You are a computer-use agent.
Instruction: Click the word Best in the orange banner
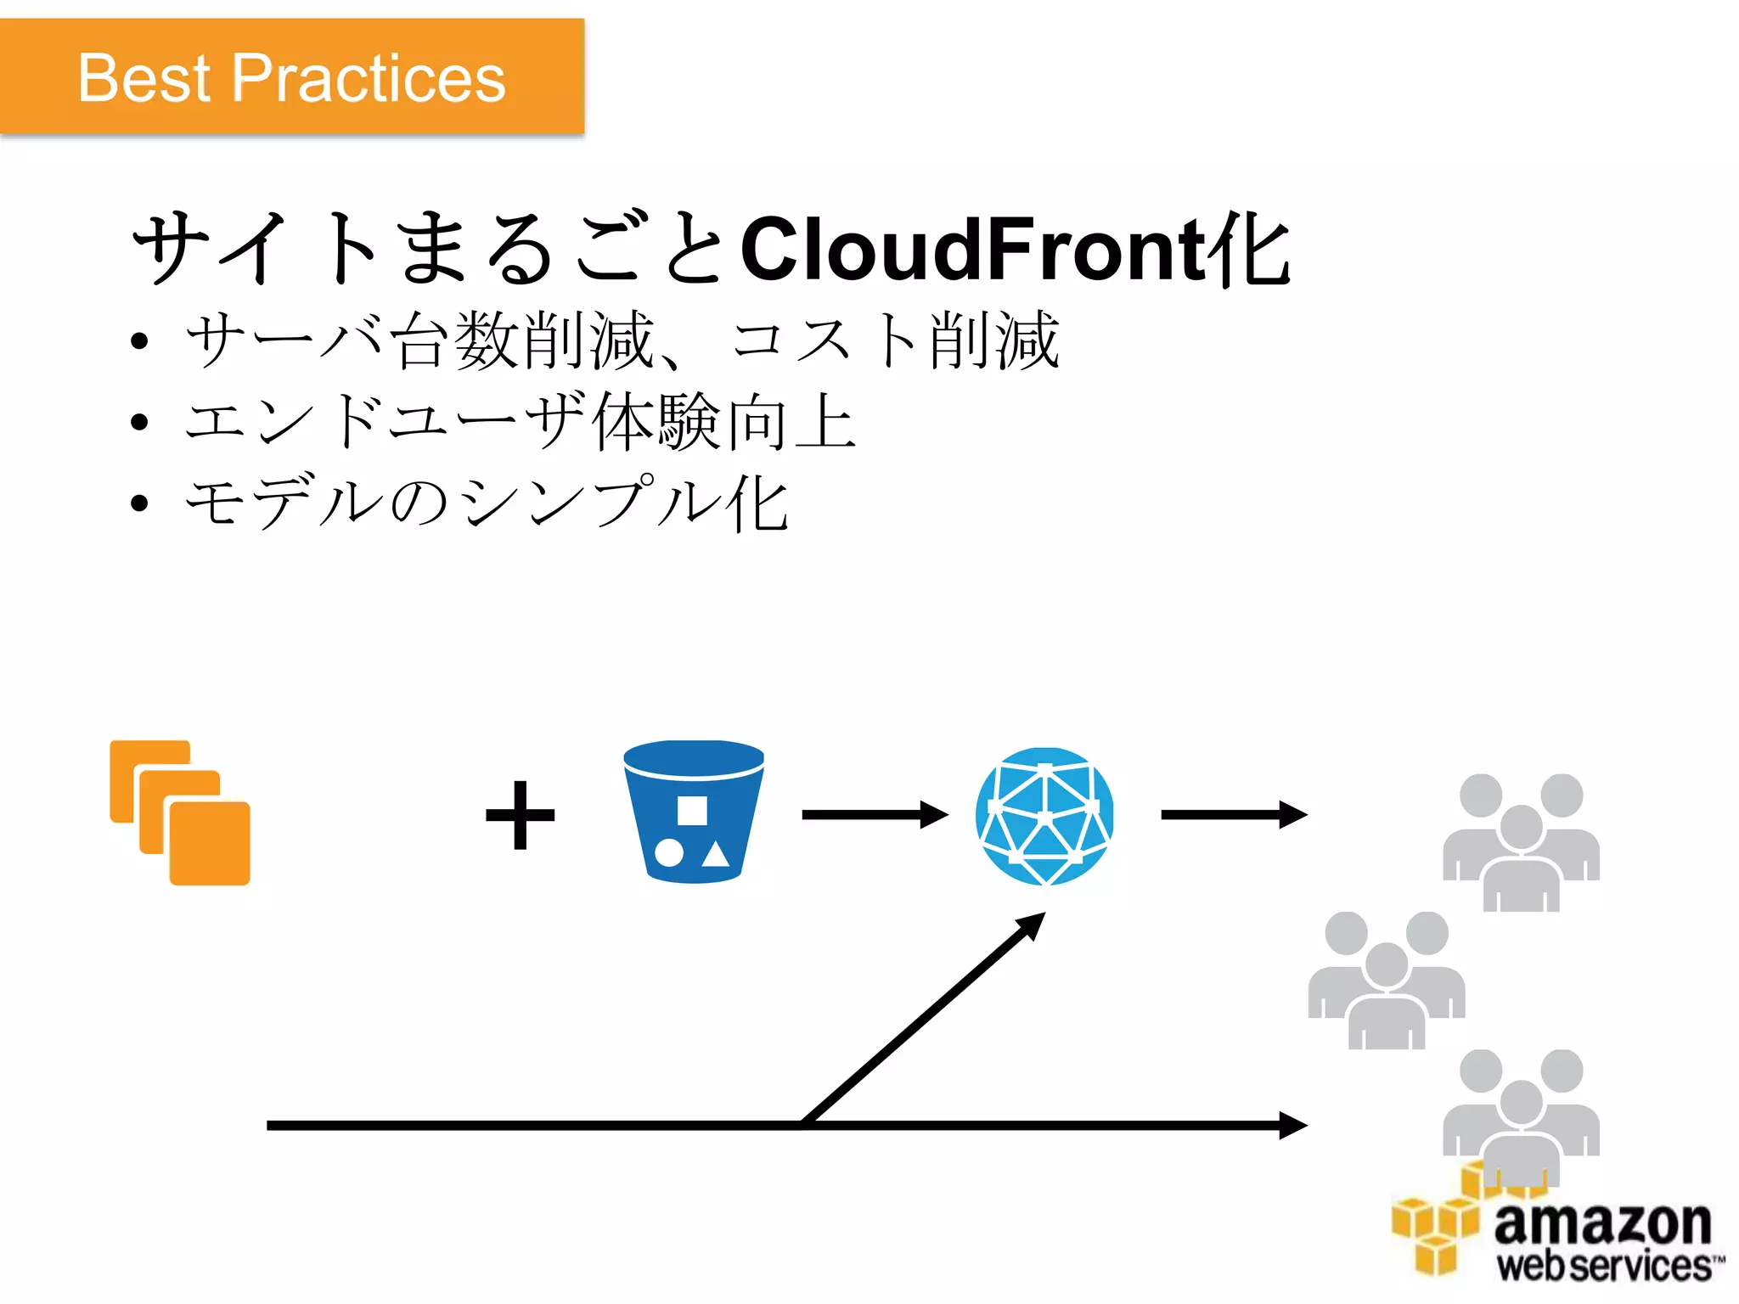144,78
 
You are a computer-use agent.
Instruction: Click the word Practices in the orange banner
369,78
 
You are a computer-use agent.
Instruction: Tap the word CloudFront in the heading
973,249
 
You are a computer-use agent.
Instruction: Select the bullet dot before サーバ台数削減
140,342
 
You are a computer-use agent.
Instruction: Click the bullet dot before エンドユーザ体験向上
140,422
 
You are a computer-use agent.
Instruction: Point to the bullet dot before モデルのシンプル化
140,503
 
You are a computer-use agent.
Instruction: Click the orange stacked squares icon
180,812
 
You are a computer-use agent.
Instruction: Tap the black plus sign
520,815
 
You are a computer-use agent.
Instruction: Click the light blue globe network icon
1044,816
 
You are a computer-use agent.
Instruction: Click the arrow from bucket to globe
875,815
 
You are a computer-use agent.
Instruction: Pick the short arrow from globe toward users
1233,815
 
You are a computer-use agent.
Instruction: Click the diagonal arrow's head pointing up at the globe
1031,925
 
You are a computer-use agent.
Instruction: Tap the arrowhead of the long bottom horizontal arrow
1292,1125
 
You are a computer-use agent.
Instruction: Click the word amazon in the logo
1602,1223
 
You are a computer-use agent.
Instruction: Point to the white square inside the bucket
692,810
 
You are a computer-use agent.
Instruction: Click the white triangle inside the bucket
716,854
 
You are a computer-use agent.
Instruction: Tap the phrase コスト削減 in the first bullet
895,340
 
